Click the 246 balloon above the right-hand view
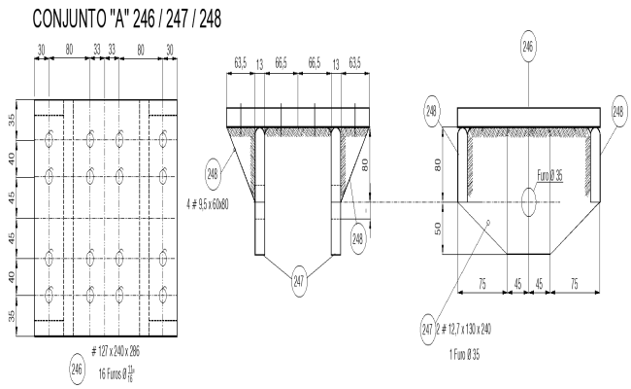click(527, 45)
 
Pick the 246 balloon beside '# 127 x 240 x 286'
click(77, 369)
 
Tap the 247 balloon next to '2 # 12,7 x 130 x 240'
click(427, 329)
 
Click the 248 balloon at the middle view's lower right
click(358, 239)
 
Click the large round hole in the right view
click(529, 202)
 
